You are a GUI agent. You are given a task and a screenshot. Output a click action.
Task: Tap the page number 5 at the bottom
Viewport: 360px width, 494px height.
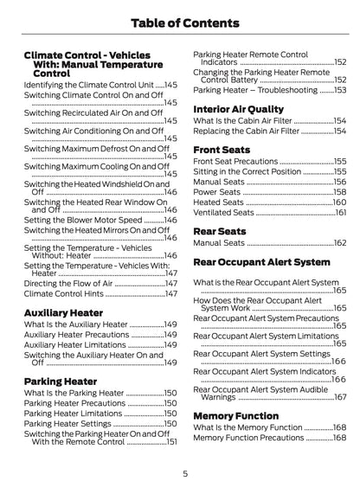[185, 473]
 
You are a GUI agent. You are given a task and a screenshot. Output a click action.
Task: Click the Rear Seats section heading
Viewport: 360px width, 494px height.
[221, 230]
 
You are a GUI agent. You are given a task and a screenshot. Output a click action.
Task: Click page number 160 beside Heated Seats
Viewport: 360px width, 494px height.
[339, 202]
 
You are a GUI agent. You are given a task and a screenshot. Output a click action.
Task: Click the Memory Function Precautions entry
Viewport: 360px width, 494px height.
[248, 438]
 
